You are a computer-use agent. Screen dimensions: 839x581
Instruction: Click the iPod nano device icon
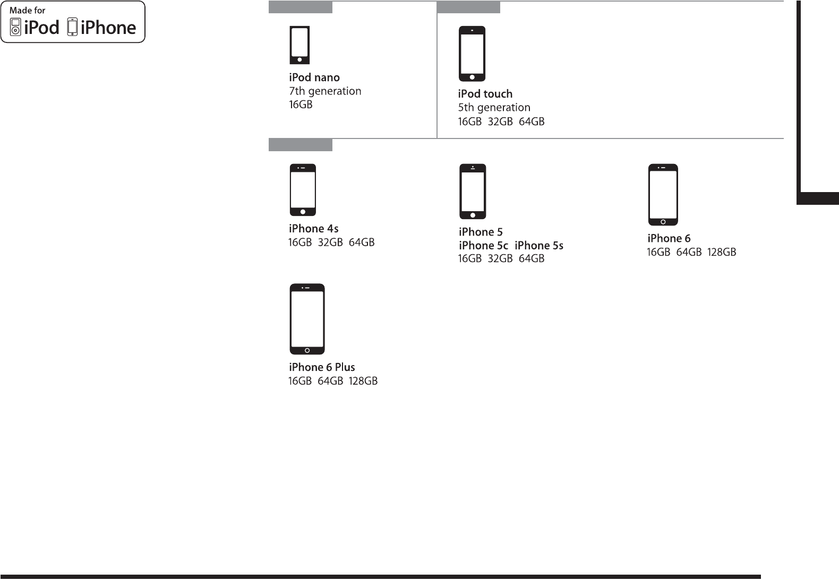(300, 45)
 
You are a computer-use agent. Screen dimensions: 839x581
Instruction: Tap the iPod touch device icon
(472, 54)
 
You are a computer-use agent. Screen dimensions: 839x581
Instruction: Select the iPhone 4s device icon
(303, 190)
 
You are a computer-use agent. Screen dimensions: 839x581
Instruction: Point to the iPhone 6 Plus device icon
(307, 319)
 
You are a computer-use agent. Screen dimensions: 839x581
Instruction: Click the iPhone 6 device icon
(663, 195)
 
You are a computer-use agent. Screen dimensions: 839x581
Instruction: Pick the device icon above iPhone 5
(473, 192)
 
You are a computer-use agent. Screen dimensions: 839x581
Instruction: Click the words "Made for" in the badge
(27, 10)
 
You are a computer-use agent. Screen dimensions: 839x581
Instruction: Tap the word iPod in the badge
(41, 28)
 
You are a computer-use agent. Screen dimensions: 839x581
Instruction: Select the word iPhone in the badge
(108, 28)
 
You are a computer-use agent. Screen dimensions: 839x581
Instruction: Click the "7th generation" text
(325, 91)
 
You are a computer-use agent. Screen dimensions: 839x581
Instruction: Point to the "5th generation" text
(494, 108)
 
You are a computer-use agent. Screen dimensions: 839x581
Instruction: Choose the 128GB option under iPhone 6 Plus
(363, 381)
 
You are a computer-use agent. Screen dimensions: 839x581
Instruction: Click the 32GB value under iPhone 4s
(330, 242)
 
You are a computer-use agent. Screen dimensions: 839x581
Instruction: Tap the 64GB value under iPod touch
(532, 122)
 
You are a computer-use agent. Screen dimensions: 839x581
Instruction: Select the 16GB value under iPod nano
(301, 105)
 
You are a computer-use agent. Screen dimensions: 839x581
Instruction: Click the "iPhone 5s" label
(539, 246)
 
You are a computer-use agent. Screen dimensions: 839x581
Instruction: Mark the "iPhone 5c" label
(483, 246)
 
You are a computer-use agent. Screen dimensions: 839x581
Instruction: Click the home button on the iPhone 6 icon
(663, 221)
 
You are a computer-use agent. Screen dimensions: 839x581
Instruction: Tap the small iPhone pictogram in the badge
(73, 28)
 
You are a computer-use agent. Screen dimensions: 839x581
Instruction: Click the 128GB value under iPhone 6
(722, 253)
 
